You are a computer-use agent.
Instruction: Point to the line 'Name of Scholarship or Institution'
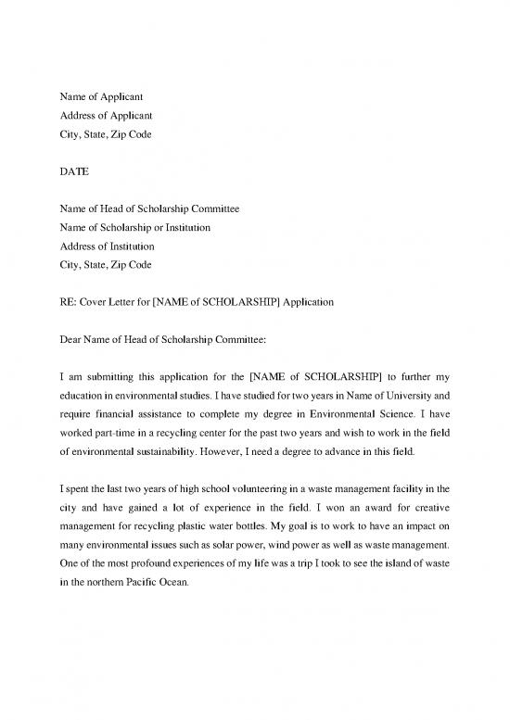pos(135,228)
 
